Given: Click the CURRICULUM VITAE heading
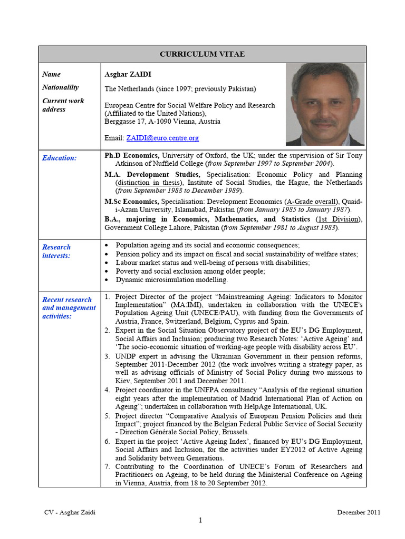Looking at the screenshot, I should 202,54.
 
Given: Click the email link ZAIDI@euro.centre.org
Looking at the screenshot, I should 162,138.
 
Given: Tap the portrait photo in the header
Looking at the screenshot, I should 325,104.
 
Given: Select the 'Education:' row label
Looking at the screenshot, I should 60,158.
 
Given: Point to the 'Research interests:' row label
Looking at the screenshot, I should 56,251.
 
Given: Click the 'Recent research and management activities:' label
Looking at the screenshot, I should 69,308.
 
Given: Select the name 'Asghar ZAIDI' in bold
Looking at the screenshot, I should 125,74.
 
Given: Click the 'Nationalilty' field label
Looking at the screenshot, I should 60,87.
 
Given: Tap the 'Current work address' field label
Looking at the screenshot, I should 63,105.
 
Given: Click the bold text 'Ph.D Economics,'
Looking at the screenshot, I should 132,156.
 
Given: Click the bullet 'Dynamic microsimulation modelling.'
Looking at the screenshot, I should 172,280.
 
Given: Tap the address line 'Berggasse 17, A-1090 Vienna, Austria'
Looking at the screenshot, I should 162,121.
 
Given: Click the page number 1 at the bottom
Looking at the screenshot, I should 200,521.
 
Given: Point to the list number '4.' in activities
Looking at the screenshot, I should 108,390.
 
